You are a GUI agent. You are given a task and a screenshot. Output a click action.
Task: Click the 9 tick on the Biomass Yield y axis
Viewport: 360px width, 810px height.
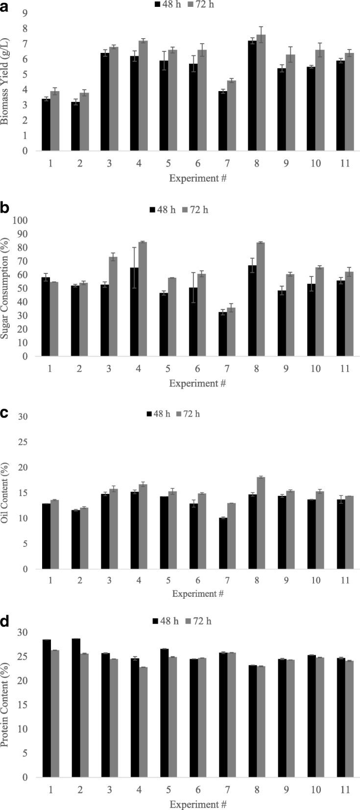[x=23, y=13]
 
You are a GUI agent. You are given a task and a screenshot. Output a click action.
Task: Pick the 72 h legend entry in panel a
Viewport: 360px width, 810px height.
[x=199, y=4]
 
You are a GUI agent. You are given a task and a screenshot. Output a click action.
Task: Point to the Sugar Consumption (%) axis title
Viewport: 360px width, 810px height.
[x=6, y=289]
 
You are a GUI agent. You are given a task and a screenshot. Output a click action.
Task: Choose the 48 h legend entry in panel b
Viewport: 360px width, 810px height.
[x=161, y=210]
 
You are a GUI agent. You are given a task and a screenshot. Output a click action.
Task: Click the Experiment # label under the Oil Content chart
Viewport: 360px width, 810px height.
[x=197, y=593]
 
